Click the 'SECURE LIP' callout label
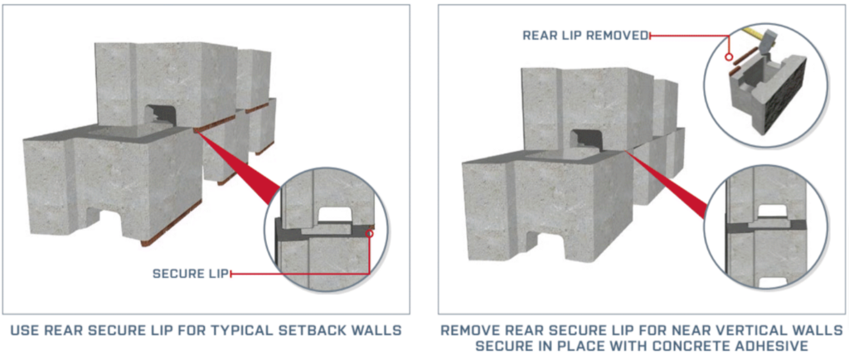pos(190,273)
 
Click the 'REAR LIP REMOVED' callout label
pos(585,36)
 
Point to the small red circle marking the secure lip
pos(370,234)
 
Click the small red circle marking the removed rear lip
pos(726,59)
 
